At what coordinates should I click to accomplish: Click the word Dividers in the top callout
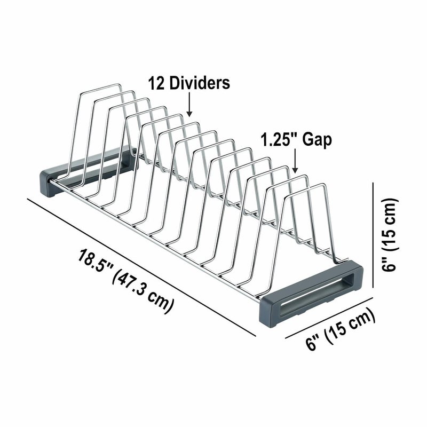click(200, 83)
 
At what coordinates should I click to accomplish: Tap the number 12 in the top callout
click(156, 83)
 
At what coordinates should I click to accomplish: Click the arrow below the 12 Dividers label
click(189, 105)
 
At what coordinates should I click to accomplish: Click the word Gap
click(317, 140)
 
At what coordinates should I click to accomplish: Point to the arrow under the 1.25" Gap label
click(295, 161)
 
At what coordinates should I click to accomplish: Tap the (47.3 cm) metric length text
click(142, 292)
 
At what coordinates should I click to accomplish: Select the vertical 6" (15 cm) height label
click(390, 235)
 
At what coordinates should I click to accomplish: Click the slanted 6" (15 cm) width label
click(341, 329)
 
